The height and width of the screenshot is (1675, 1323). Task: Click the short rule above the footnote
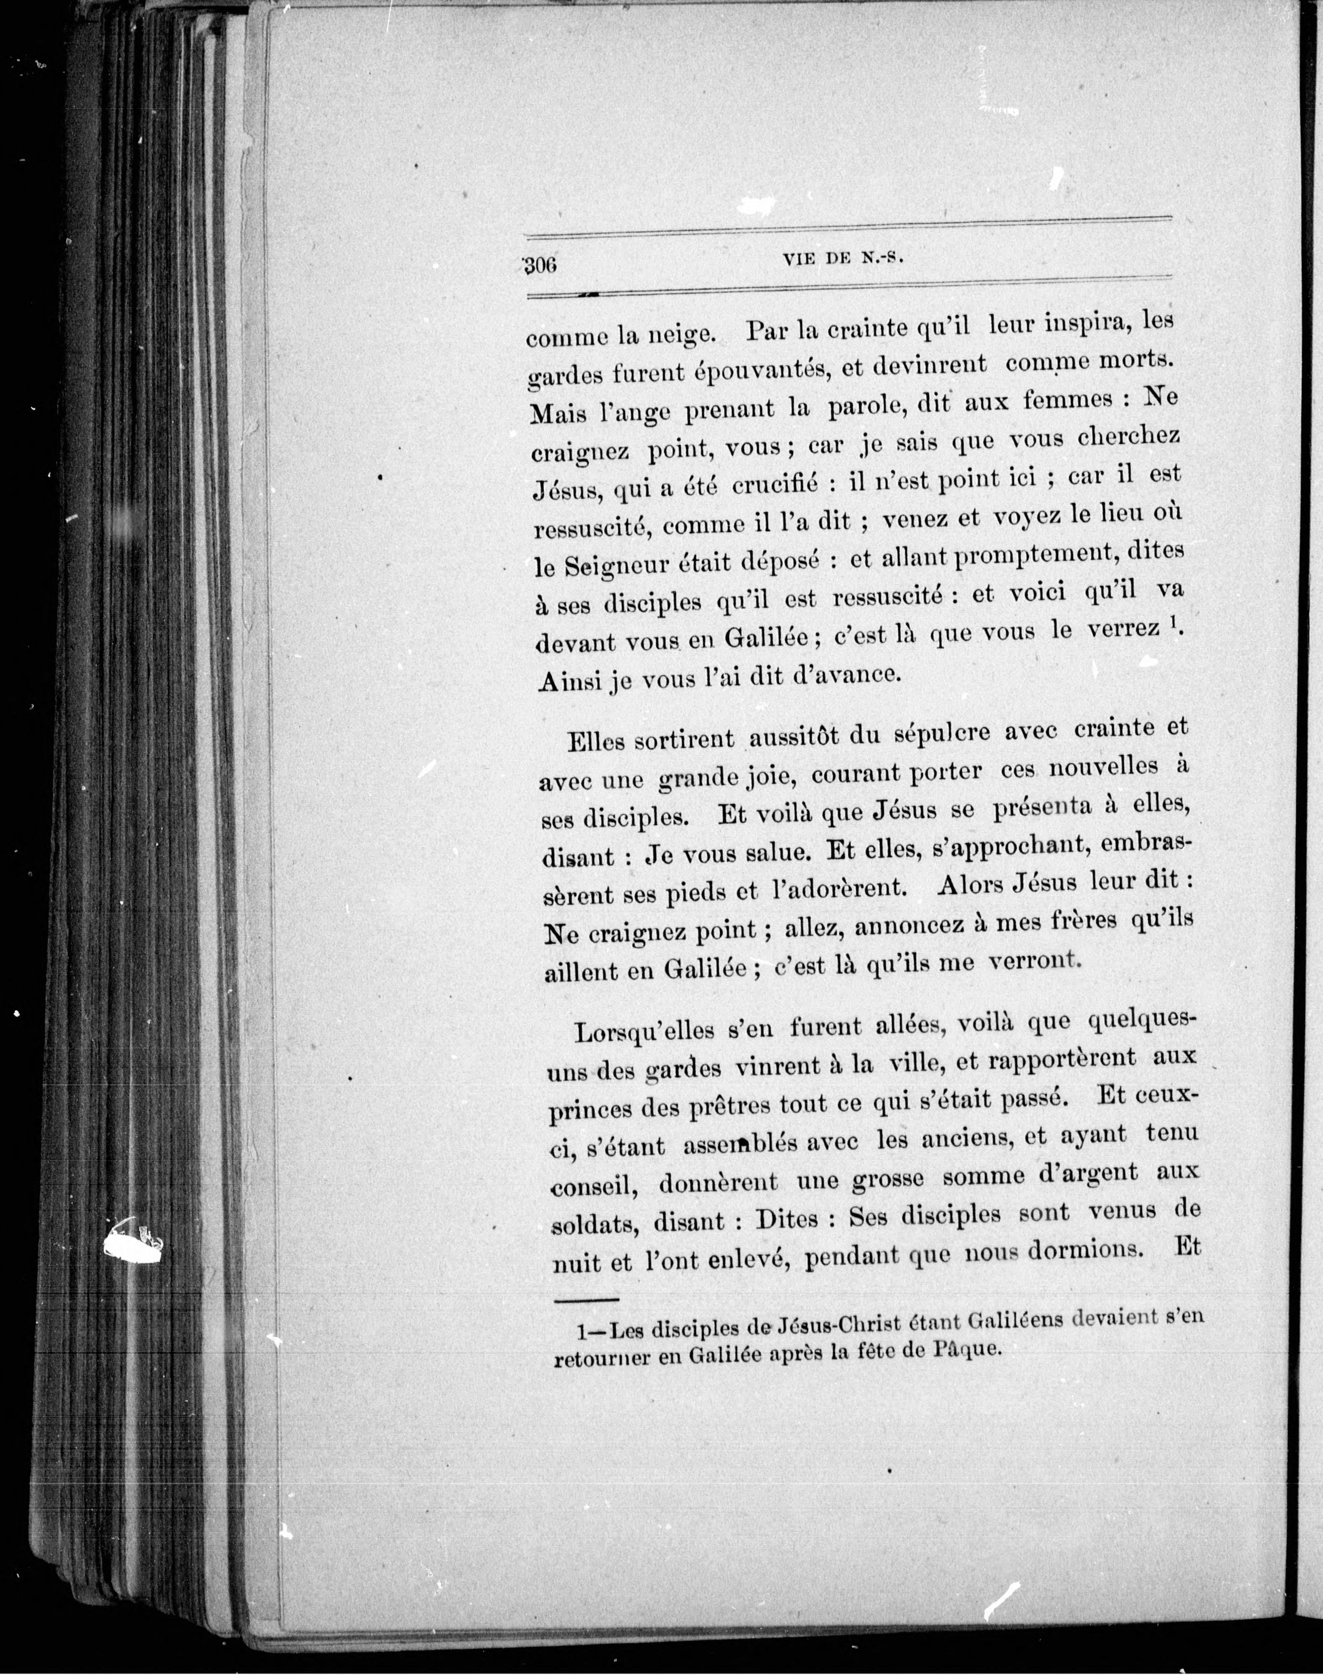pos(586,1299)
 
